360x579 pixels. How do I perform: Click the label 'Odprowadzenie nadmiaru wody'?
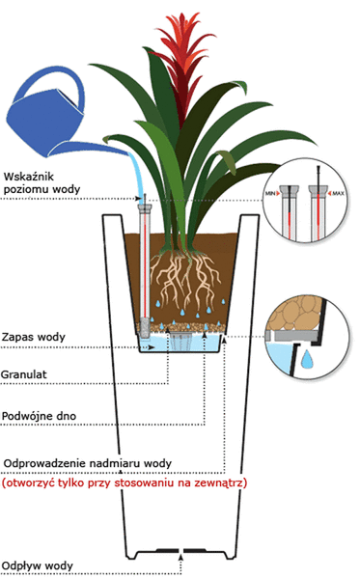click(x=91, y=461)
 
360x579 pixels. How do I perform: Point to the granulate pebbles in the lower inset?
click(x=293, y=313)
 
